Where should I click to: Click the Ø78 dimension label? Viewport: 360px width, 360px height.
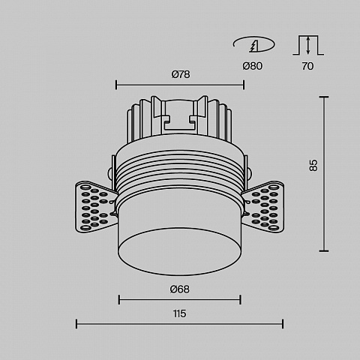pyautogui.click(x=181, y=74)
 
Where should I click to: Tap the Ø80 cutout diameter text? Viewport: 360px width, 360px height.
pyautogui.click(x=253, y=66)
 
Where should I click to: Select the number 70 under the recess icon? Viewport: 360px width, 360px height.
pyautogui.click(x=307, y=66)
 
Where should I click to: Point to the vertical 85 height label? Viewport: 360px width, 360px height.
pyautogui.click(x=313, y=165)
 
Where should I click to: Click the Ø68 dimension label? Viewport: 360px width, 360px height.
pyautogui.click(x=180, y=289)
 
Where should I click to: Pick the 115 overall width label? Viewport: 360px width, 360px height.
pyautogui.click(x=179, y=313)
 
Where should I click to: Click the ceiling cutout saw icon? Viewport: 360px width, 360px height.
pyautogui.click(x=253, y=44)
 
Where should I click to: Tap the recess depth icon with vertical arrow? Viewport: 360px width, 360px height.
pyautogui.click(x=308, y=45)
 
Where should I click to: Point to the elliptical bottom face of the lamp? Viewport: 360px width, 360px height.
pyautogui.click(x=179, y=251)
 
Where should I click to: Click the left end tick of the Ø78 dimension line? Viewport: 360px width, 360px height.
pyautogui.click(x=116, y=85)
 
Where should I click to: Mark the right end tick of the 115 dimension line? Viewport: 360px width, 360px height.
pyautogui.click(x=283, y=324)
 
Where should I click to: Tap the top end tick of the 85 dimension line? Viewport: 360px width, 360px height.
pyautogui.click(x=324, y=97)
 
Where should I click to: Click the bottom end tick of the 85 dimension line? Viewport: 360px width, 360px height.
pyautogui.click(x=324, y=250)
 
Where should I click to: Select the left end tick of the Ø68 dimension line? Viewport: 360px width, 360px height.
pyautogui.click(x=119, y=299)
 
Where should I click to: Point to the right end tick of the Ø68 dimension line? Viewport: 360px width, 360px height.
pyautogui.click(x=240, y=299)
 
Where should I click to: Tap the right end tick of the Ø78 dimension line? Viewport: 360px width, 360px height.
pyautogui.click(x=244, y=85)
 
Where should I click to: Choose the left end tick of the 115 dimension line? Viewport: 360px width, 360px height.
pyautogui.click(x=76, y=324)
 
